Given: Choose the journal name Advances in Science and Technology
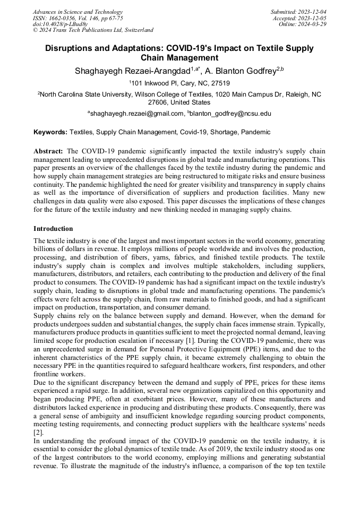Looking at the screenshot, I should (x=78, y=12).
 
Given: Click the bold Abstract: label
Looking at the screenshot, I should (x=48, y=151).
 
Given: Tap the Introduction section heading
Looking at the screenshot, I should (x=53, y=229).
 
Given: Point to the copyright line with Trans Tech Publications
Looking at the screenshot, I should (x=93, y=30).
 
